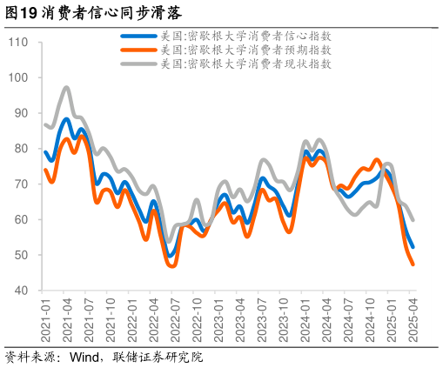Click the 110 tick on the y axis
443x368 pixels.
pyautogui.click(x=19, y=43)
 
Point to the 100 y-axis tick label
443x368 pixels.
pyautogui.click(x=19, y=77)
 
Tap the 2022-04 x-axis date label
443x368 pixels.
pyautogui.click(x=153, y=319)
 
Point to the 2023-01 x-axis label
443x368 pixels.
pyautogui.click(x=218, y=319)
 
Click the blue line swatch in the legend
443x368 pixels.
pyautogui.click(x=138, y=37)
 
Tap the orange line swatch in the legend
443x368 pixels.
pyautogui.click(x=138, y=50)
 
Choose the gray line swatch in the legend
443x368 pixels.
pyautogui.click(x=138, y=63)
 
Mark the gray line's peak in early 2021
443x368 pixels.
pyautogui.click(x=67, y=87)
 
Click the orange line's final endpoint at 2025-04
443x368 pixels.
pyautogui.click(x=413, y=264)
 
